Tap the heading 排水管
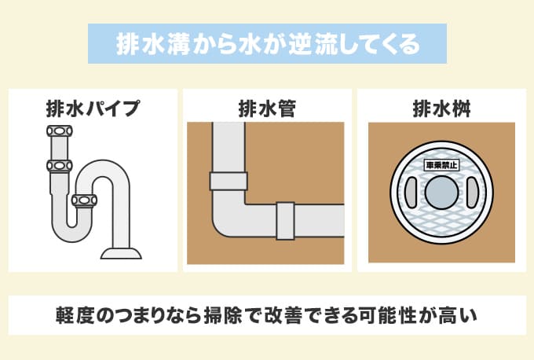(x=266, y=108)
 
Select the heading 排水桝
(x=441, y=108)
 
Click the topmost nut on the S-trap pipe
(x=58, y=131)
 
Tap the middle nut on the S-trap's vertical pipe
(x=58, y=166)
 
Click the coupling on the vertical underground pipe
(x=228, y=181)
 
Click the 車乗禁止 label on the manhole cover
(x=441, y=167)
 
